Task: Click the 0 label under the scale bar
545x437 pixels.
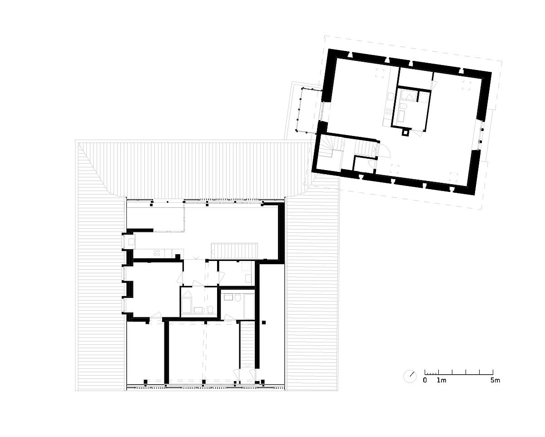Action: [x=425, y=381]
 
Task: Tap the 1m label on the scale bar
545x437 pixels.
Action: [x=441, y=381]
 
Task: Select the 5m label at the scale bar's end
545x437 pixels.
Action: [x=495, y=381]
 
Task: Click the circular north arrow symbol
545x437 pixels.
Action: [x=410, y=377]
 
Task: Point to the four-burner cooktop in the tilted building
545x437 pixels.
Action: [x=388, y=111]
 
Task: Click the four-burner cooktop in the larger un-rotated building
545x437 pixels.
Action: [x=157, y=252]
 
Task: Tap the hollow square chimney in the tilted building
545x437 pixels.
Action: [x=406, y=132]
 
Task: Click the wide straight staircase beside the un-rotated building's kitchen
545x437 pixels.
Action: [x=234, y=251]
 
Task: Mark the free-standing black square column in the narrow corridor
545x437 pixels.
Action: [x=263, y=322]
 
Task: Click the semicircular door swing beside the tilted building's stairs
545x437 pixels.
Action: [x=386, y=152]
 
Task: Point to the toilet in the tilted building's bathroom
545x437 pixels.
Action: [x=404, y=106]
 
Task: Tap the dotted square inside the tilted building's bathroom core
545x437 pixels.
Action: [x=424, y=97]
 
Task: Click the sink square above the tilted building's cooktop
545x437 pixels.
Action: [x=390, y=96]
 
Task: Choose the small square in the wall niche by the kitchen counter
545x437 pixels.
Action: [x=131, y=241]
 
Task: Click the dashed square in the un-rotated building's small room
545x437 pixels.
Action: [x=246, y=267]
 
